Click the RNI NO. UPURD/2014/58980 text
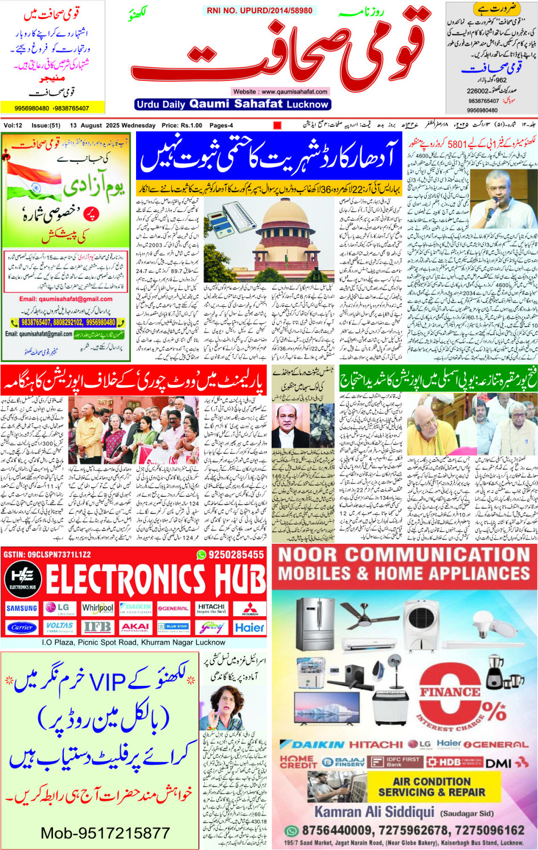260,10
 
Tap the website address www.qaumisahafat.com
280,91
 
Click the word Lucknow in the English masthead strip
307,104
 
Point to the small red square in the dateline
277,125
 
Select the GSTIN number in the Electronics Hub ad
47,554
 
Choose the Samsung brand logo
22,608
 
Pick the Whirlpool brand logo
97,608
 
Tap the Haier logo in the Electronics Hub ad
249,627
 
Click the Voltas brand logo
59,627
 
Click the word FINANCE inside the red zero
450,692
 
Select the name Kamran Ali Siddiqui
374,811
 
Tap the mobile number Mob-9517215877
105,833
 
